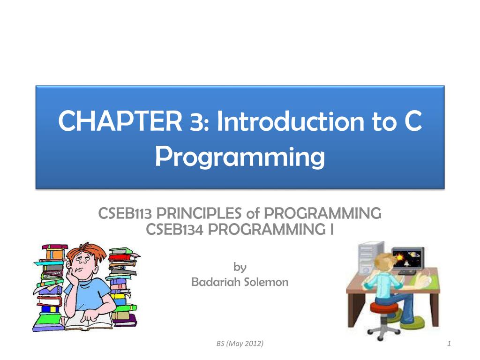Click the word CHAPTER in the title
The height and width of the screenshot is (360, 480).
pos(120,121)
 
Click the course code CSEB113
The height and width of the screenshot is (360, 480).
pos(125,214)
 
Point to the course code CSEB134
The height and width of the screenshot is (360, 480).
pos(173,230)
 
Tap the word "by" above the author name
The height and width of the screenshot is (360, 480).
pos(240,267)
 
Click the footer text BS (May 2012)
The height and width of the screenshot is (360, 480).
pos(240,344)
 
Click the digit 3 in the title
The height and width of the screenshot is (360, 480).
pos(196,121)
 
